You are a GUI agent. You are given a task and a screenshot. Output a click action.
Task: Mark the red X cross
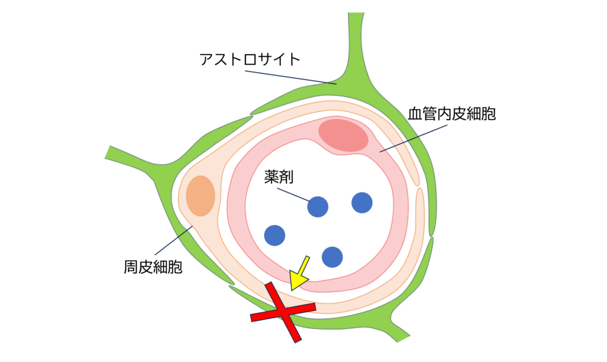283,312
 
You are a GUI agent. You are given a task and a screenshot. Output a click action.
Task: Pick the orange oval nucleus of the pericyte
200,196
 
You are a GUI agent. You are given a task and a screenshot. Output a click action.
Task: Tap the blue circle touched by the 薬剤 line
318,206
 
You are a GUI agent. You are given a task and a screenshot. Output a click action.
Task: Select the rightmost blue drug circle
362,203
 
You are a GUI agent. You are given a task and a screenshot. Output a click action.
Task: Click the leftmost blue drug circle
274,235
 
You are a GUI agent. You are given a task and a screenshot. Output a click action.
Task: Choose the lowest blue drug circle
332,257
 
